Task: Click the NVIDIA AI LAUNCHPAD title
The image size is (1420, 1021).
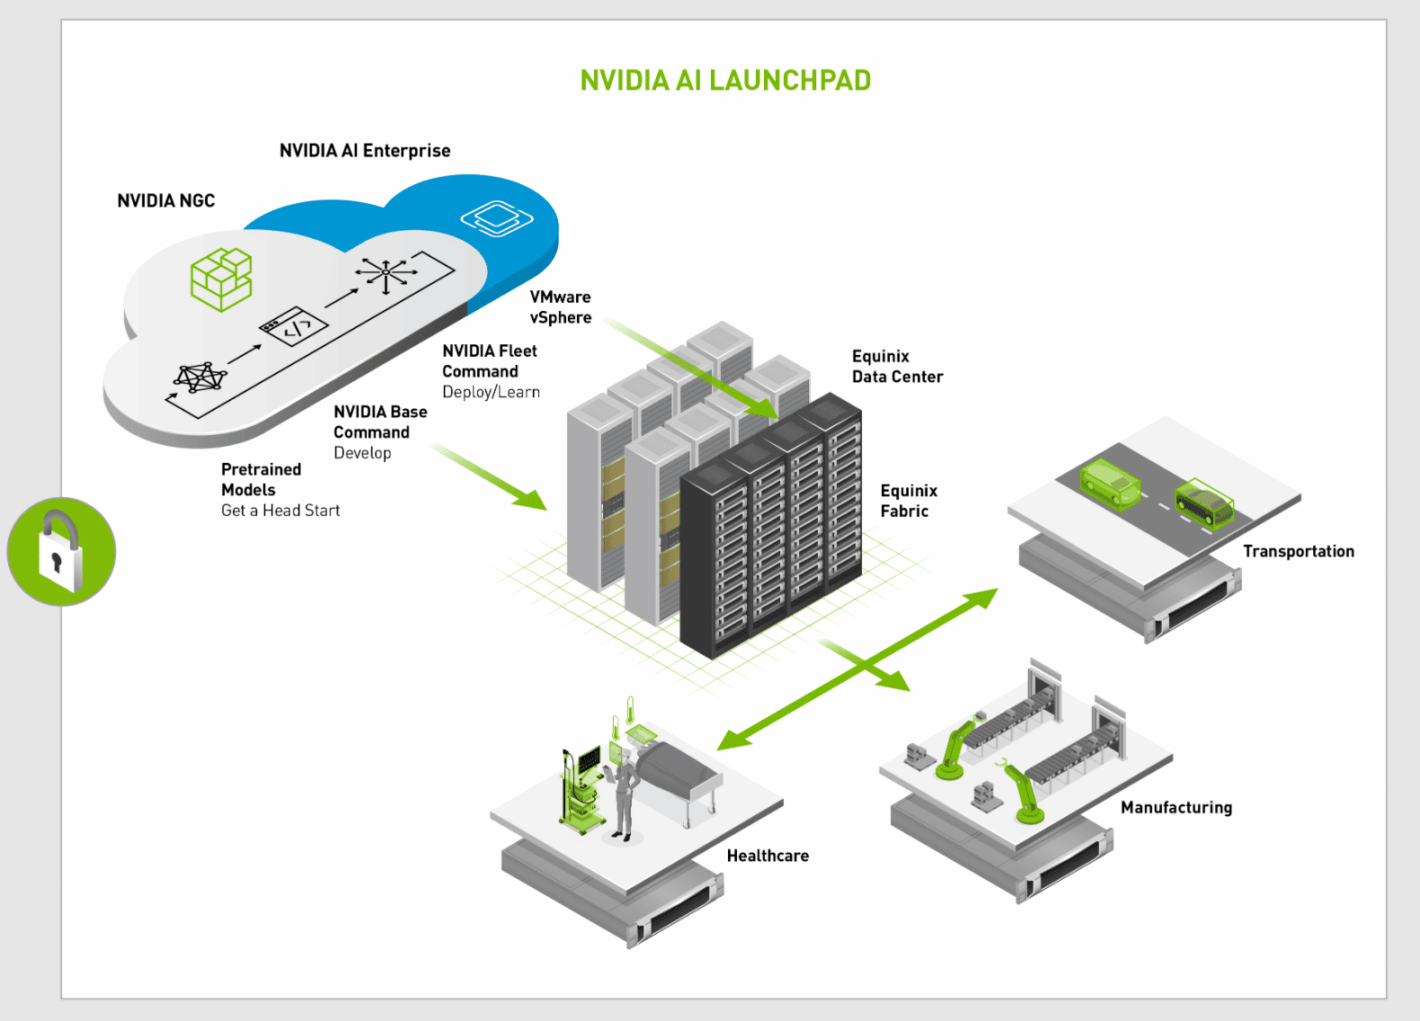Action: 725,81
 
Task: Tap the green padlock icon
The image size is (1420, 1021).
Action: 61,552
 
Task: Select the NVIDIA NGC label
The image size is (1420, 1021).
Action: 166,201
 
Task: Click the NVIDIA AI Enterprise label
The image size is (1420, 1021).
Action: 365,151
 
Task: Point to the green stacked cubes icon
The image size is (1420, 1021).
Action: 221,280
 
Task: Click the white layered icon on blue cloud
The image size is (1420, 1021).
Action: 496,218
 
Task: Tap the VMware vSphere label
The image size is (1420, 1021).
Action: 561,307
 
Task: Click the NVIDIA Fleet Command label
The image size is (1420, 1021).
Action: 490,361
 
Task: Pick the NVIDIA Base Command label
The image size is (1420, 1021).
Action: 380,422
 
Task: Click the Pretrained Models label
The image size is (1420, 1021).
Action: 261,480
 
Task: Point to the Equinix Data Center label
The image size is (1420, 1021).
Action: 897,367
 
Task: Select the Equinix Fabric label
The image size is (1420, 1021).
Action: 909,501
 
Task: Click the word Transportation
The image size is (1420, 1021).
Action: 1298,552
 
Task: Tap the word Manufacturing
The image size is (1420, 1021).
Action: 1176,808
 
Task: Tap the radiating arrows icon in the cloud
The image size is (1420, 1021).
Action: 386,272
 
